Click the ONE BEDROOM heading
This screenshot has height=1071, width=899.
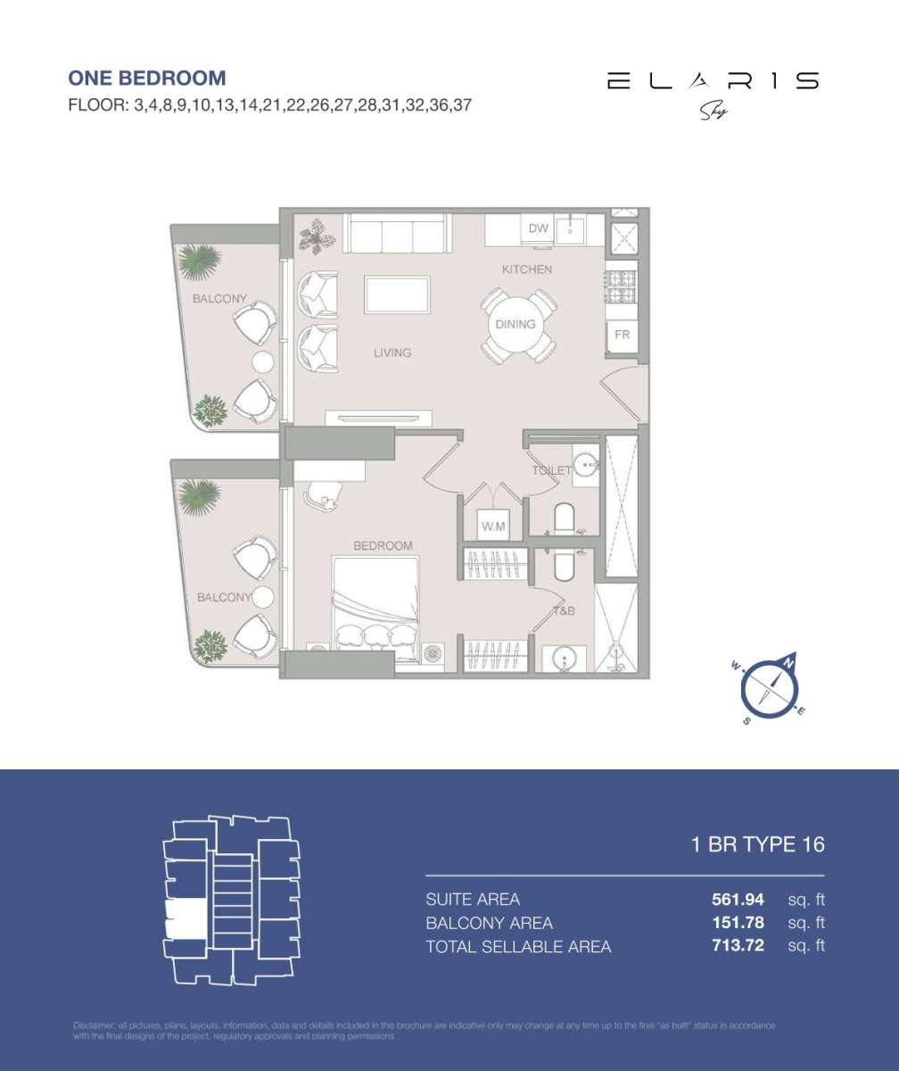[x=147, y=79]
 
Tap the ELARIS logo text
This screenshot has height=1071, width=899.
[x=712, y=81]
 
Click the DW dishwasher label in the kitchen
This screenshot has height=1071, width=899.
[x=538, y=228]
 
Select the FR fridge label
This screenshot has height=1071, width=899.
[x=623, y=334]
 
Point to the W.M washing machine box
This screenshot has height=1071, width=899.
[x=493, y=527]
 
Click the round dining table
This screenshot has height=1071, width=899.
[x=515, y=324]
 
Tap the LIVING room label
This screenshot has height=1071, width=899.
[x=392, y=353]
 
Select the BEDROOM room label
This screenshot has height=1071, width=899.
[x=383, y=545]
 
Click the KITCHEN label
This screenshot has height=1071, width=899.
[x=526, y=269]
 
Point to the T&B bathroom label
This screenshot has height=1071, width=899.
[x=564, y=612]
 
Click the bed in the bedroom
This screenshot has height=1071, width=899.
[x=375, y=607]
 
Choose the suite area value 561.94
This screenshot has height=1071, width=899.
[x=731, y=899]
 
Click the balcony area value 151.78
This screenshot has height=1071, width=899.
[x=731, y=922]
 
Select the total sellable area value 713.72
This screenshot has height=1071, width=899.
[x=731, y=945]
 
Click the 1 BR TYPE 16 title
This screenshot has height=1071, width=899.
[x=758, y=844]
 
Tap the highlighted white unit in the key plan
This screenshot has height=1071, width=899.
[x=186, y=918]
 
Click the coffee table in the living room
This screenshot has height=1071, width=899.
[x=396, y=294]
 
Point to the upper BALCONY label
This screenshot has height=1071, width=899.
[x=219, y=299]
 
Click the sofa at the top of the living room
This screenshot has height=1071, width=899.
[x=397, y=234]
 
